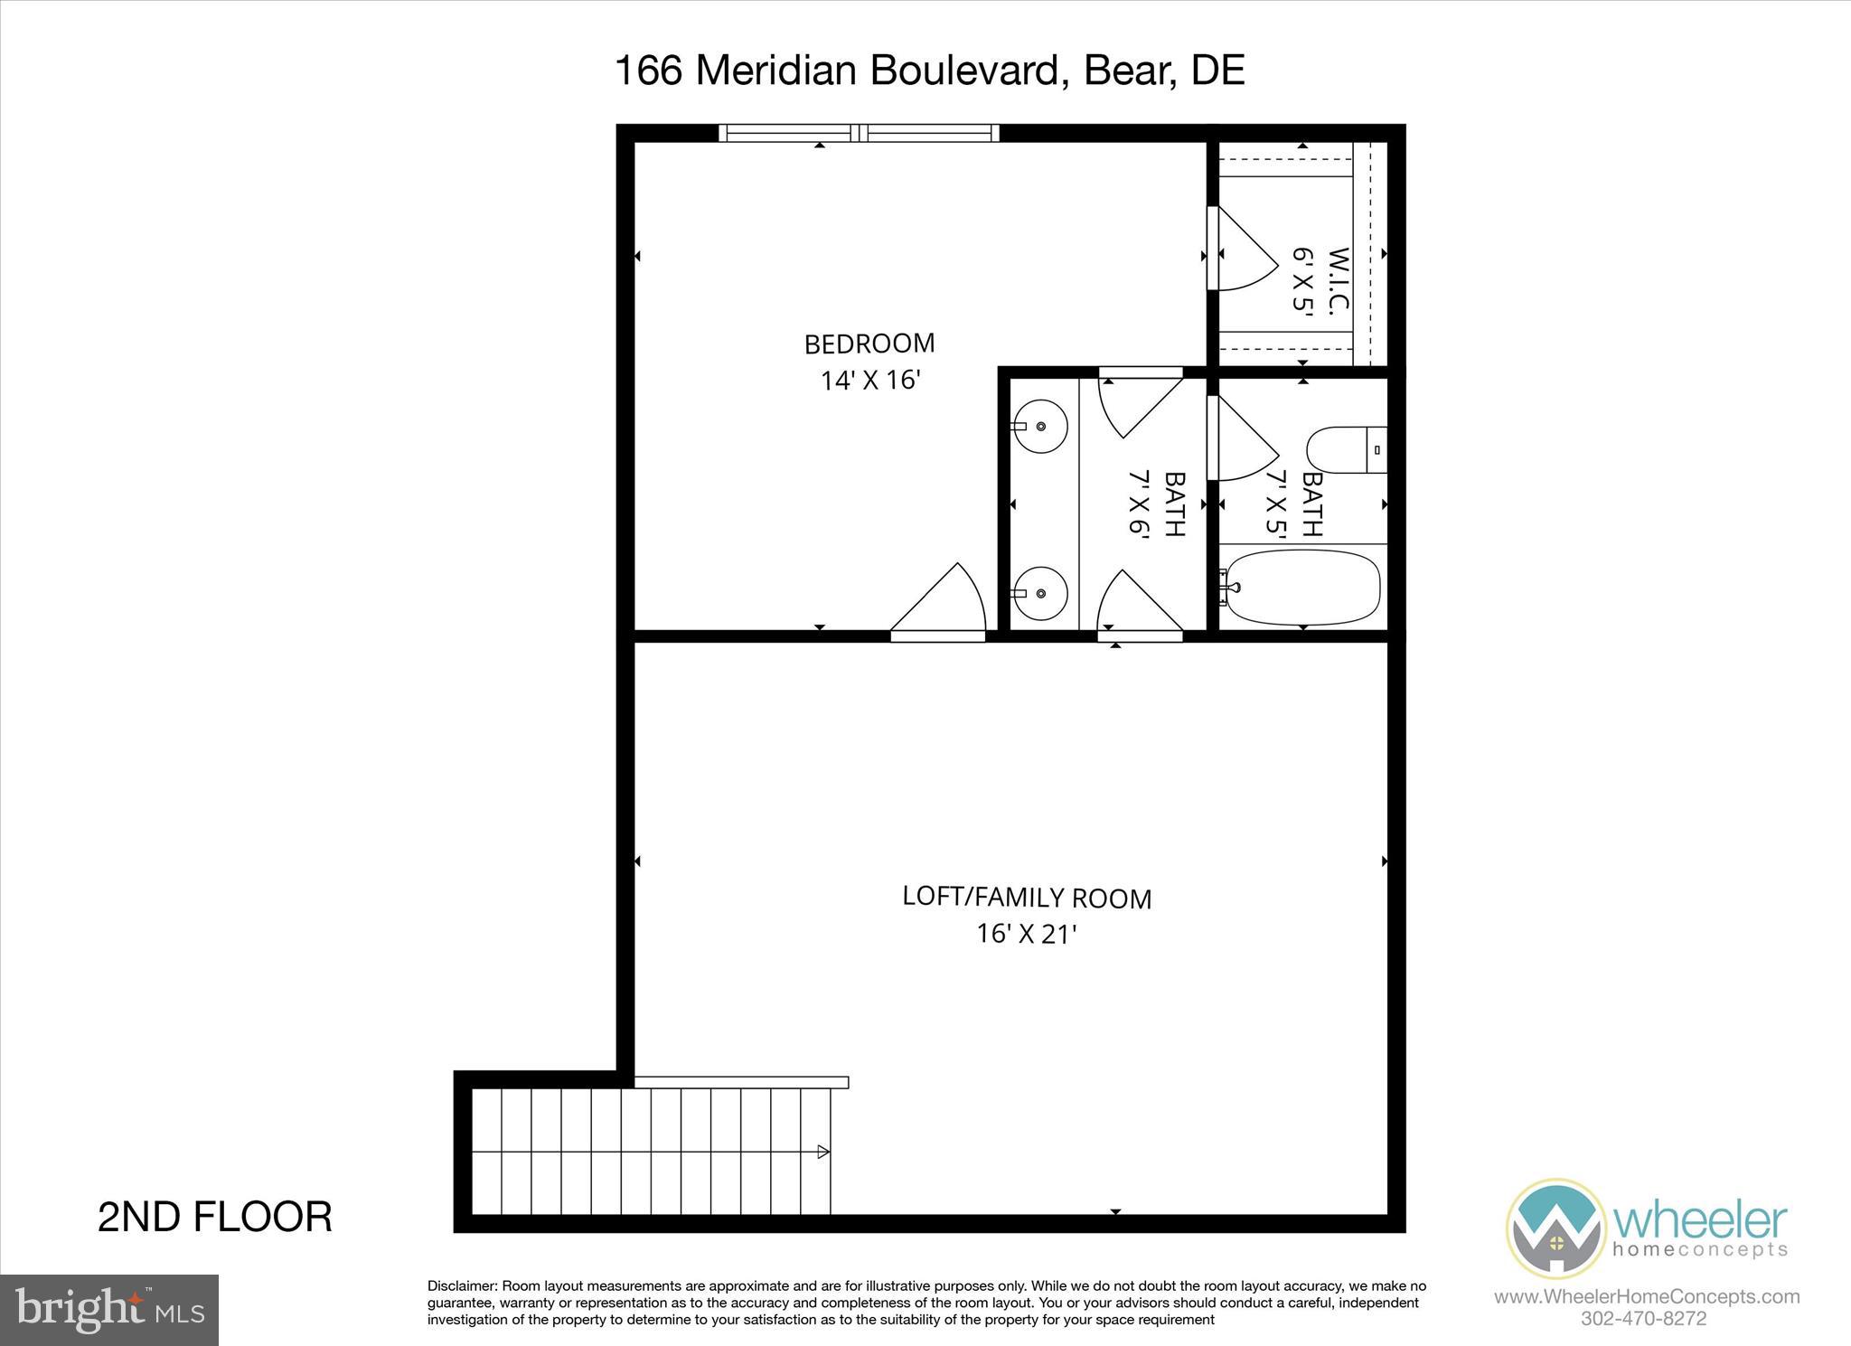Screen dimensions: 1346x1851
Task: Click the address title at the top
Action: [929, 71]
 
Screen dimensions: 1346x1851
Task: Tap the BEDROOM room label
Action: [869, 344]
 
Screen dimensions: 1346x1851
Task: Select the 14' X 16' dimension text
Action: [869, 381]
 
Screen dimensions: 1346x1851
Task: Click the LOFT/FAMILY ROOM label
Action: [1027, 898]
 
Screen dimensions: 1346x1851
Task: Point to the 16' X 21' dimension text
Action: [1027, 934]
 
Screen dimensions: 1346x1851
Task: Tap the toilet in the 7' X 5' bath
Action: [1346, 449]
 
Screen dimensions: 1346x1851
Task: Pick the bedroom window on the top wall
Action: [859, 134]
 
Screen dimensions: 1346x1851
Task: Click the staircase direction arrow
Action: [822, 1152]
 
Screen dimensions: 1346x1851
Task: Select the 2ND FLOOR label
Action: [215, 1217]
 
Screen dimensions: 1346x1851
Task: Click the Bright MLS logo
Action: [109, 1310]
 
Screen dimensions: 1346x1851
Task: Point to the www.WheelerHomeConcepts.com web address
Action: [1647, 1297]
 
